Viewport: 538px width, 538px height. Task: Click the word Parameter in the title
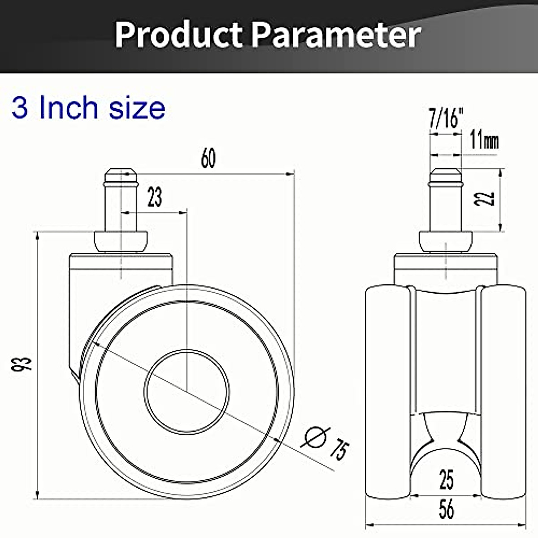coord(336,35)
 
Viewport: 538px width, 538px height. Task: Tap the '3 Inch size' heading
coord(88,108)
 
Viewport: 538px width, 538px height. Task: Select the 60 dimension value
coord(208,158)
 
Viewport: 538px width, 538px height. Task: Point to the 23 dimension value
coord(155,197)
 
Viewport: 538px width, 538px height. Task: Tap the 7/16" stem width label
coord(446,119)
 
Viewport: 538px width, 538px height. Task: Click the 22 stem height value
coord(485,199)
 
